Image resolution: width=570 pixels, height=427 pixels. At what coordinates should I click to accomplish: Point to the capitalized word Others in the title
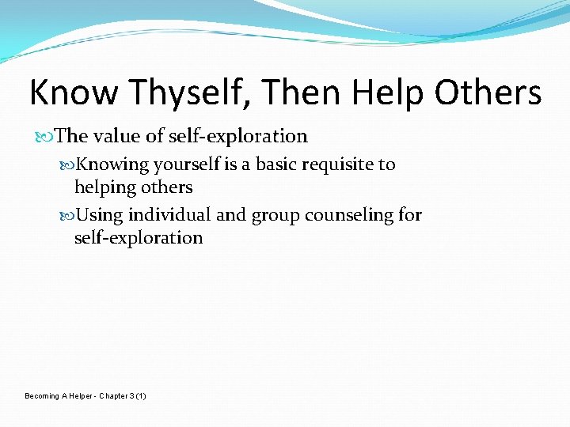pyautogui.click(x=489, y=93)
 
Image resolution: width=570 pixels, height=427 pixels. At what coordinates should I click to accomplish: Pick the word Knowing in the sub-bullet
pyautogui.click(x=115, y=164)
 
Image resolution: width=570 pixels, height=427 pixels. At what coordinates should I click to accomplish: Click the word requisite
pyautogui.click(x=341, y=164)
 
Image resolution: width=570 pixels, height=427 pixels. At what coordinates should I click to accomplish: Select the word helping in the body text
pyautogui.click(x=104, y=187)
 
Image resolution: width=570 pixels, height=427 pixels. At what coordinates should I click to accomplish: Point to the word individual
pyautogui.click(x=164, y=215)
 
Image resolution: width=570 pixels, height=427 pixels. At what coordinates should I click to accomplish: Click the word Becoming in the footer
pyautogui.click(x=42, y=395)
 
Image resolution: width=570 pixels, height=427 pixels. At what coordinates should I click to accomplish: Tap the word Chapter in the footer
pyautogui.click(x=114, y=395)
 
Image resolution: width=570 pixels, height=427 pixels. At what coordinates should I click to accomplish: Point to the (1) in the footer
pyautogui.click(x=141, y=395)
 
